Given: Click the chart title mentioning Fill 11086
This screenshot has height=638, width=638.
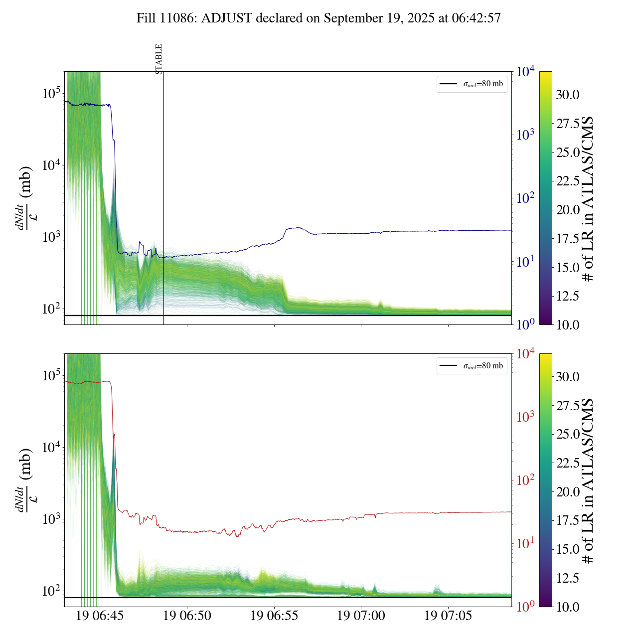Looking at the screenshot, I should (319, 18).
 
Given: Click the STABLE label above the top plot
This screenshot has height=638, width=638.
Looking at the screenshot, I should (159, 59).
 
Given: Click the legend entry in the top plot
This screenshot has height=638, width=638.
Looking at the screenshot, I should (472, 84).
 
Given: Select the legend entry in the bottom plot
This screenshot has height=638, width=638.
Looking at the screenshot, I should (472, 366).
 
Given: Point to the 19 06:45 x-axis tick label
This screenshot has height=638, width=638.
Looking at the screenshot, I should (100, 616).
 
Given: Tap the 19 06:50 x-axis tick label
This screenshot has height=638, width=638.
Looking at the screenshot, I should (187, 616).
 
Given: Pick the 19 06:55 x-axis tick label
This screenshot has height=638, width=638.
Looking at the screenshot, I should (274, 616).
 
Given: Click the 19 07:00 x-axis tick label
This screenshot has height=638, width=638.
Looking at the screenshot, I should (361, 616).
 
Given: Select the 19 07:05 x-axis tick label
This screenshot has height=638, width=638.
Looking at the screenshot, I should (448, 616).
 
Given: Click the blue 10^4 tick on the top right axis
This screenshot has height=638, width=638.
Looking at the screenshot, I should (525, 72).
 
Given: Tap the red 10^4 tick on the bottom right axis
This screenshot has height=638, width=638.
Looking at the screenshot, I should (525, 354).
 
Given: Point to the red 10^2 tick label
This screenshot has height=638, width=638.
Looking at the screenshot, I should (525, 480).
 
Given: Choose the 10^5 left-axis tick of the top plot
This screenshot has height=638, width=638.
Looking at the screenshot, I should (51, 93).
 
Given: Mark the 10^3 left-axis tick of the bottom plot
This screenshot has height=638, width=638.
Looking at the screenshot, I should (51, 519).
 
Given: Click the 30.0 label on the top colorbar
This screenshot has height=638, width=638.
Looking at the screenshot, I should (568, 95).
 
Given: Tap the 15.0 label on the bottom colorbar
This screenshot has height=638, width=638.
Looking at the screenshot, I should (568, 549).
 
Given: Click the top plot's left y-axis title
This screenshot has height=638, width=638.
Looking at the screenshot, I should (24, 197).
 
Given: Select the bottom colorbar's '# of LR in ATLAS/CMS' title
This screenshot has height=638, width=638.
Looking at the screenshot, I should (588, 480).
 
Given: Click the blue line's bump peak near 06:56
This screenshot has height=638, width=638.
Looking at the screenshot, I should (298, 228).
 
